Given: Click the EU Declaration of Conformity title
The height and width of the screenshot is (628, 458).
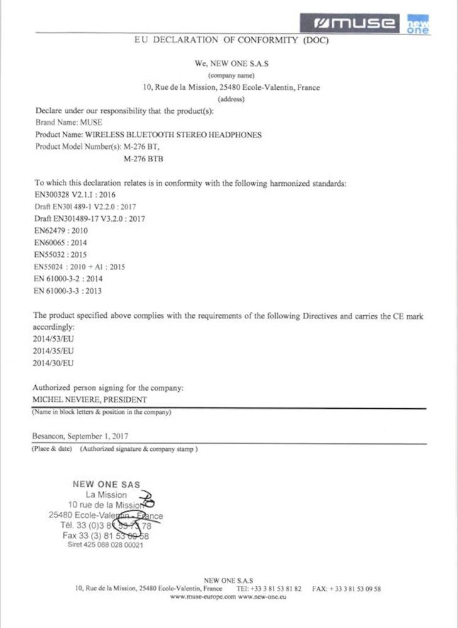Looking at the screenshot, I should [231, 40].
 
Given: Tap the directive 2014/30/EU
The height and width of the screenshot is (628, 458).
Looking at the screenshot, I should [53, 363].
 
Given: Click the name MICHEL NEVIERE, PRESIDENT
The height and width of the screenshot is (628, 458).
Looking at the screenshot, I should [89, 400].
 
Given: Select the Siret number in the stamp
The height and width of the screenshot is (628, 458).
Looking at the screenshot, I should [106, 544].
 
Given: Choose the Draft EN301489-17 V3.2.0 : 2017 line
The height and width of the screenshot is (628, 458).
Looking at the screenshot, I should [89, 218].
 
